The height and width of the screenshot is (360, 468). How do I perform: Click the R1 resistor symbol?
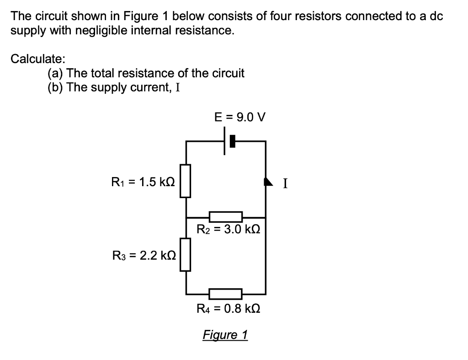(x=185, y=181)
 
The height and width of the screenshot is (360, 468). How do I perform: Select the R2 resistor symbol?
(x=225, y=217)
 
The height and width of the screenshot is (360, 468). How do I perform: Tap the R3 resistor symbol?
(x=185, y=254)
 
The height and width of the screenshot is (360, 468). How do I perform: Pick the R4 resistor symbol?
(x=225, y=293)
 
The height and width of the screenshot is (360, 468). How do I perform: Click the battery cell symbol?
(x=228, y=141)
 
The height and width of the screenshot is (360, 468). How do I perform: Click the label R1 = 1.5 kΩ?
(x=143, y=182)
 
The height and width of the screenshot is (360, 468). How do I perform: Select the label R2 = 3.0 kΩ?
(x=228, y=230)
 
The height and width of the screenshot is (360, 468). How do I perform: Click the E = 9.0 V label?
(x=240, y=117)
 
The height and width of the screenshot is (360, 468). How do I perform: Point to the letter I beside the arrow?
(x=285, y=184)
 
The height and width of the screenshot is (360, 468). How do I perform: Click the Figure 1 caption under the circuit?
(x=225, y=335)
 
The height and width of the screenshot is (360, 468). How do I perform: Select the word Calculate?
(x=38, y=59)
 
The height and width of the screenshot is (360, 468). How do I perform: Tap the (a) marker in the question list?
(x=56, y=73)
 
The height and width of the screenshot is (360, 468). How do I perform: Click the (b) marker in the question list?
(x=56, y=87)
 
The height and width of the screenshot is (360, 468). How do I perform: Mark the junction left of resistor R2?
(x=186, y=217)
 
